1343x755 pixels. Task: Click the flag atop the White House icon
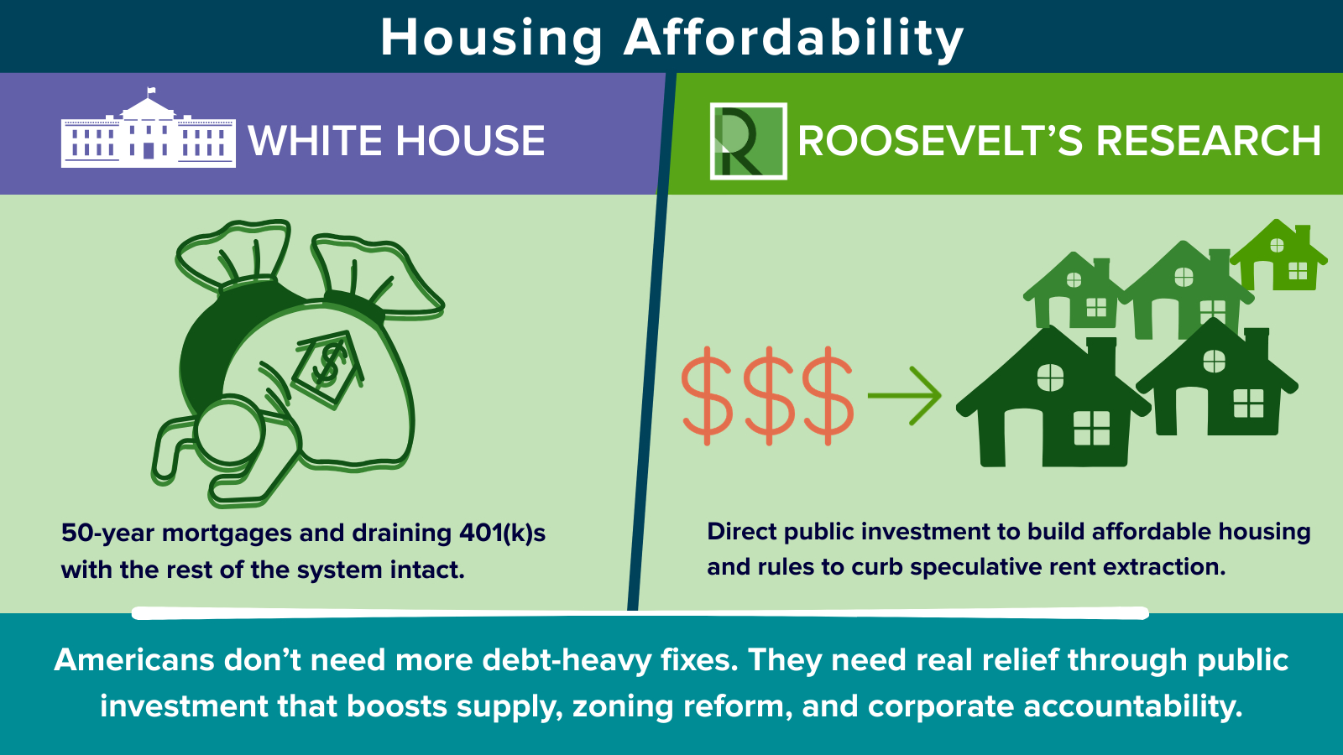(150, 91)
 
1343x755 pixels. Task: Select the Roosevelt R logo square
(748, 141)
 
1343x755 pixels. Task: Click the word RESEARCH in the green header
(1208, 141)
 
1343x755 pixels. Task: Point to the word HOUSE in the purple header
(470, 141)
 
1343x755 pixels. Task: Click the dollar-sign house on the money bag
(328, 368)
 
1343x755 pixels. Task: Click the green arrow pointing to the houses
(905, 395)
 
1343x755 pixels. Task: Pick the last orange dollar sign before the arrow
(828, 395)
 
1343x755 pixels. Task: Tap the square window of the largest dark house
(1092, 428)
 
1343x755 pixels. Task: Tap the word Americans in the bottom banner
(133, 660)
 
